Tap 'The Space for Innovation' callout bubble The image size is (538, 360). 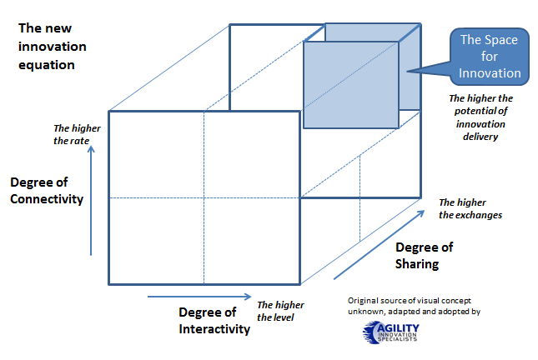[490, 56]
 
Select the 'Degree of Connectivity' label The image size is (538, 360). [47, 191]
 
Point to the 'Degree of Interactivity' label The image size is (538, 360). [214, 320]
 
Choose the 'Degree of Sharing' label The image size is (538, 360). [424, 256]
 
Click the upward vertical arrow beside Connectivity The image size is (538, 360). [92, 200]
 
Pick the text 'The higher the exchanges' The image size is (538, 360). [470, 208]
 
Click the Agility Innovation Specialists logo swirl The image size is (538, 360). [373, 333]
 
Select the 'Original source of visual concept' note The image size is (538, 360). [413, 306]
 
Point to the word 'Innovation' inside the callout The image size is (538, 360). [490, 73]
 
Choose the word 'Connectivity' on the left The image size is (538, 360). [47, 199]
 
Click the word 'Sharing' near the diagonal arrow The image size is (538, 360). [416, 264]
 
